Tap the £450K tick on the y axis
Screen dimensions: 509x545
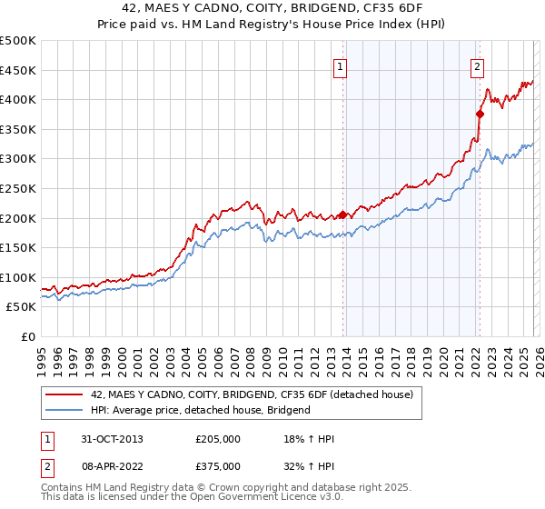[x=18, y=70]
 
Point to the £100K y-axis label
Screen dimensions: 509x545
[x=18, y=277]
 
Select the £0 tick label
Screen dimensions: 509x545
[x=28, y=336]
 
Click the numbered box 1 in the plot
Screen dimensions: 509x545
[x=340, y=66]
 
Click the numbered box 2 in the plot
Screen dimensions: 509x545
[x=477, y=66]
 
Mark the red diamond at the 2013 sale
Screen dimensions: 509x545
[x=342, y=215]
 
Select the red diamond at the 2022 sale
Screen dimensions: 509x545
[x=480, y=114]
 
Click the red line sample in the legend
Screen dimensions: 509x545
[x=64, y=394]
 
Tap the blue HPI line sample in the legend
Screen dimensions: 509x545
[x=64, y=410]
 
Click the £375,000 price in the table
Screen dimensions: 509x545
[x=217, y=465]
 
